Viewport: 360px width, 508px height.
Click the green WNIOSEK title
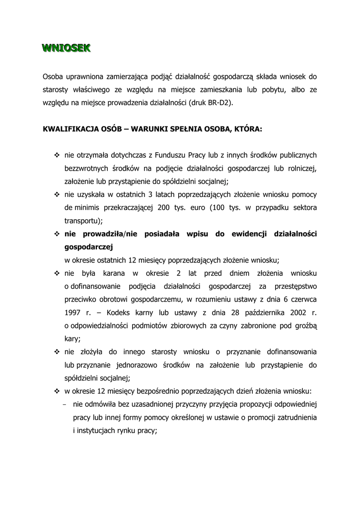tap(66, 48)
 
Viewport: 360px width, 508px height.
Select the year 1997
tap(73, 313)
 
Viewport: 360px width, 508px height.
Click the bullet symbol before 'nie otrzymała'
tap(56, 155)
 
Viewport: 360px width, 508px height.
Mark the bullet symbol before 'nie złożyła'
tap(56, 352)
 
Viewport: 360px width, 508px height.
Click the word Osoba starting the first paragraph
tap(53, 77)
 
